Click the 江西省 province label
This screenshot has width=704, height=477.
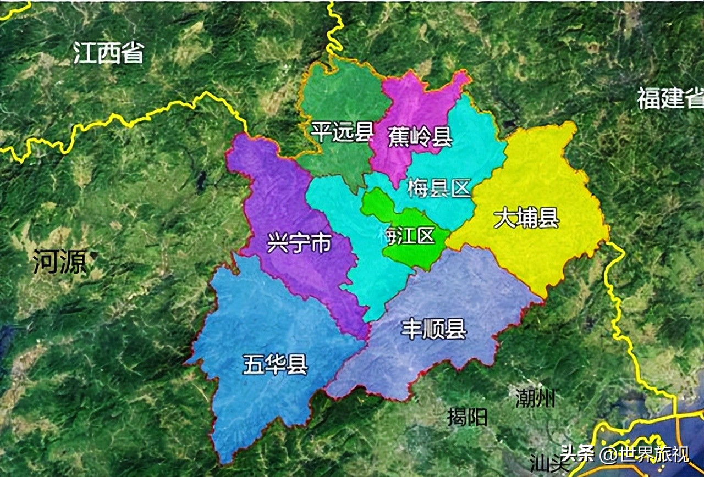[109, 54]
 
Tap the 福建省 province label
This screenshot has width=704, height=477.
[670, 99]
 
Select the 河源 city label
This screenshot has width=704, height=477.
[59, 262]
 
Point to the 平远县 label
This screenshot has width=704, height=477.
[342, 132]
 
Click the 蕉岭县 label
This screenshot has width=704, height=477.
[420, 137]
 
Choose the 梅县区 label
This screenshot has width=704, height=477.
[439, 189]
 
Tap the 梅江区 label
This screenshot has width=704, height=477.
[406, 236]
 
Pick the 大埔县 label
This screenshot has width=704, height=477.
[526, 218]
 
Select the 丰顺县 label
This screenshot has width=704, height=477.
[434, 330]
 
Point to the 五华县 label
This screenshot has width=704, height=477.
[275, 364]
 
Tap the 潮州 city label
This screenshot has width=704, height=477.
[535, 397]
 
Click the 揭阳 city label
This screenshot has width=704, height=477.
[468, 418]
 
